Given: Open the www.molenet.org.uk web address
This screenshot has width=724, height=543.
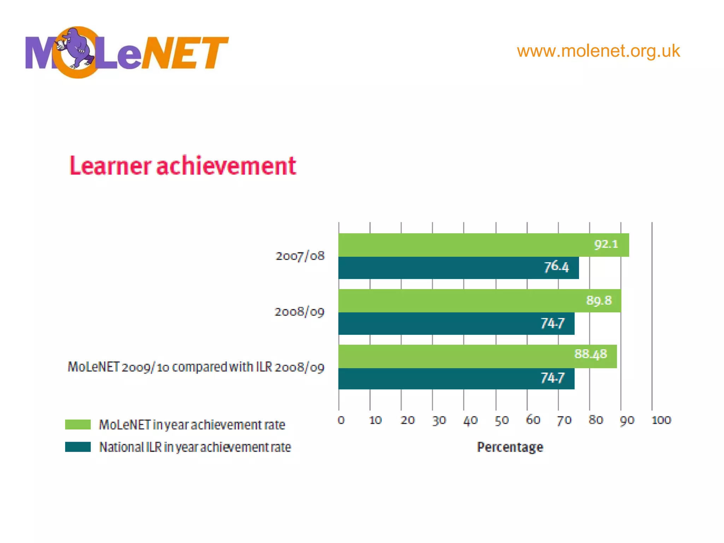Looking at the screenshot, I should (598, 51).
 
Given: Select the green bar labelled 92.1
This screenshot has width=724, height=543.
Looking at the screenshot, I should (460, 245).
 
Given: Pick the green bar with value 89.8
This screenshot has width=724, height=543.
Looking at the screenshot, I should (460, 300).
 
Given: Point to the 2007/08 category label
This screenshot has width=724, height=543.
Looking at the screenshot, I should (300, 256).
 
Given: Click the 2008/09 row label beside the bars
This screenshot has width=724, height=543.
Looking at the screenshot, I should (299, 312).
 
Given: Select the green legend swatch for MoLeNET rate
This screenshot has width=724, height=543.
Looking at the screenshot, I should (78, 425).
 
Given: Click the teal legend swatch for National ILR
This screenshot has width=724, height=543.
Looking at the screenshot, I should (78, 447).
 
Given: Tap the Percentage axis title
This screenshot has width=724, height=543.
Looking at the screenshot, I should (510, 447).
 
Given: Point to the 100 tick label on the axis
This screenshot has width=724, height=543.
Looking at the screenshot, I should (661, 420).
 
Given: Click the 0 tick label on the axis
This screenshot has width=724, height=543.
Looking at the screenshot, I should (341, 420).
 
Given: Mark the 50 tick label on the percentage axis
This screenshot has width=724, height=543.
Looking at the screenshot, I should (501, 420).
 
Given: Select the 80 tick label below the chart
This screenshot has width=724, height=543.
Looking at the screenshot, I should (596, 420).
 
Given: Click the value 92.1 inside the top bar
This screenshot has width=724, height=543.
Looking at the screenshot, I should (606, 244).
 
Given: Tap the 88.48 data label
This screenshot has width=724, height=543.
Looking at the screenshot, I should (590, 354).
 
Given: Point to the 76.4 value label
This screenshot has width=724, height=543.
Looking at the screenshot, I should (556, 267).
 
